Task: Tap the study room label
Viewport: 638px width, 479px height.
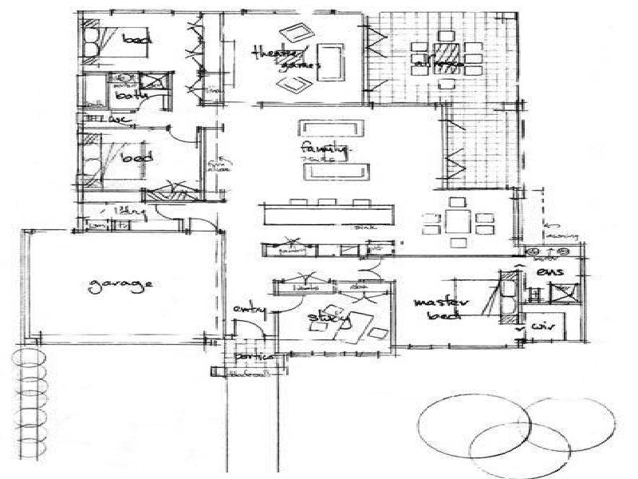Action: point(329,319)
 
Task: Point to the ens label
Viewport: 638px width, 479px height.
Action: point(551,272)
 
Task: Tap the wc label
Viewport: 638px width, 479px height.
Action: point(120,121)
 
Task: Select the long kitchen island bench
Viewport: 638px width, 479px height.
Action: point(327,216)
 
